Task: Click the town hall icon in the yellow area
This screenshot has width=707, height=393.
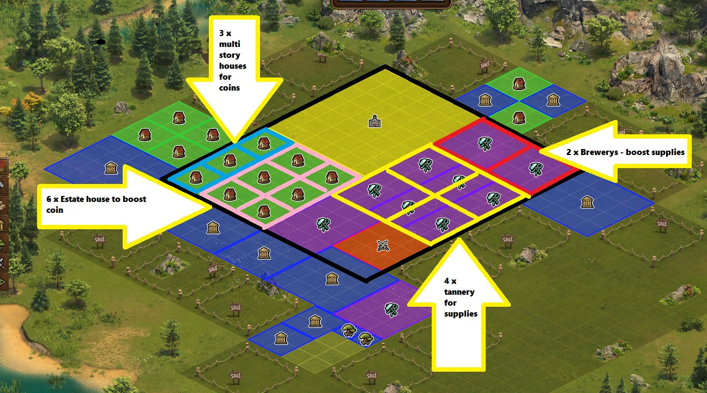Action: pos(373,121)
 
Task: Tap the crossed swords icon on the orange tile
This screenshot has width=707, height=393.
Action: pos(383,246)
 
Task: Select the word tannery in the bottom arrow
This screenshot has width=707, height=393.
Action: pos(459,292)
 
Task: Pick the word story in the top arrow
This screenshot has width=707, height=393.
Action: pos(229,55)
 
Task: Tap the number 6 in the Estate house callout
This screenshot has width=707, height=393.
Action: pos(49,199)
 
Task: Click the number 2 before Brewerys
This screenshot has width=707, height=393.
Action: pos(569,152)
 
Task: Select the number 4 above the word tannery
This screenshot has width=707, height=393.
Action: pos(447,281)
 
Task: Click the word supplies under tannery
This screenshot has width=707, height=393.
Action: pos(461,313)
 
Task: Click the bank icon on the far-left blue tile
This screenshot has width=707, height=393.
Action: pos(111,168)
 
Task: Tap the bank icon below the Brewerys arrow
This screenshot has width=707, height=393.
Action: pos(587,202)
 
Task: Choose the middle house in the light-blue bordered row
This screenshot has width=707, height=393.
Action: pos(229,160)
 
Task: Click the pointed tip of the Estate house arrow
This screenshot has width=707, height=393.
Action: pos(211,206)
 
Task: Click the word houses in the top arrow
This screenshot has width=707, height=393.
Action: pos(232,66)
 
